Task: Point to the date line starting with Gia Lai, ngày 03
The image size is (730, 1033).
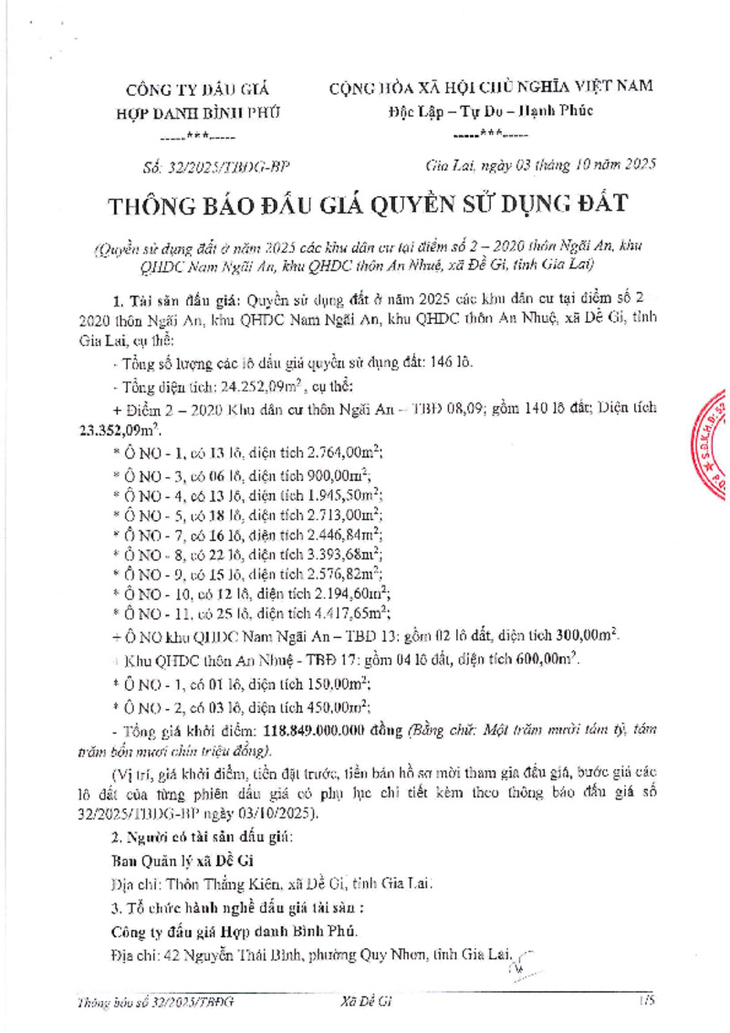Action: pos(540,166)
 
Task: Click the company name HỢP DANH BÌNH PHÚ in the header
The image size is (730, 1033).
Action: pos(203,112)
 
